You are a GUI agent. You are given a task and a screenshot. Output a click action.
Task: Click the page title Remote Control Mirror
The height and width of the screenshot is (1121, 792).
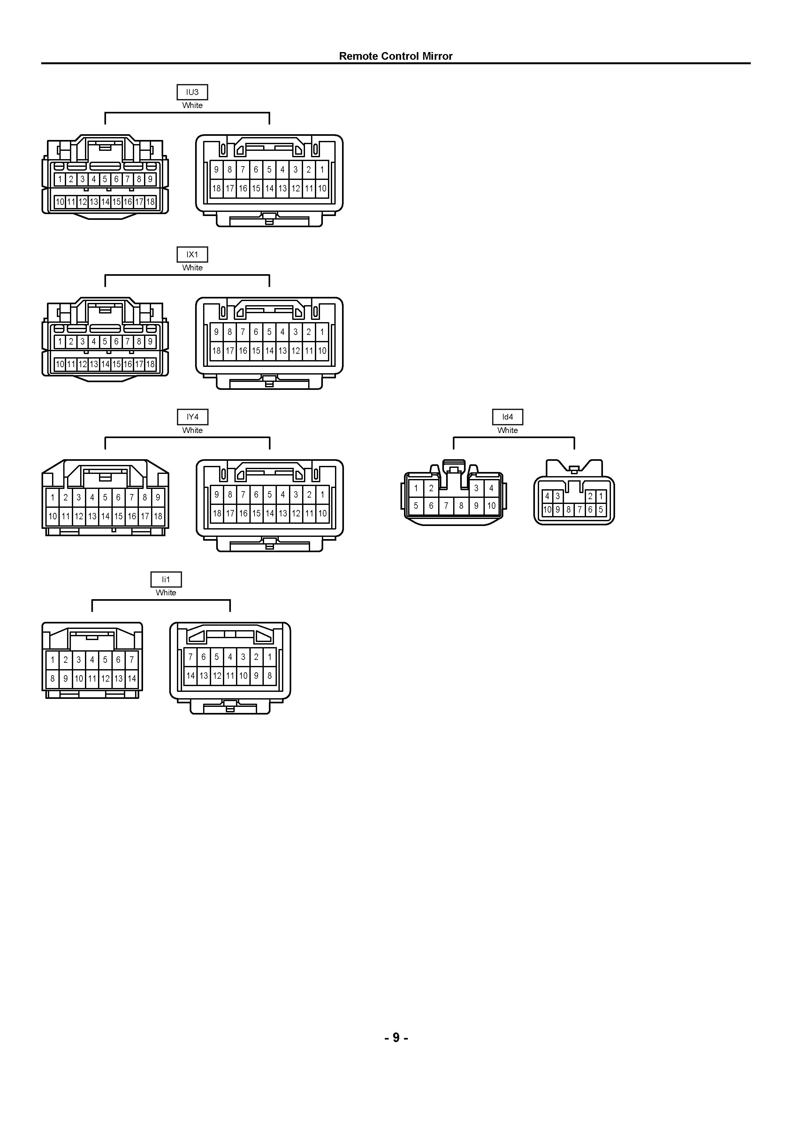click(396, 56)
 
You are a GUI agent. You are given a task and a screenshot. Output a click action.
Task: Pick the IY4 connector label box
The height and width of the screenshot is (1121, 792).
click(192, 417)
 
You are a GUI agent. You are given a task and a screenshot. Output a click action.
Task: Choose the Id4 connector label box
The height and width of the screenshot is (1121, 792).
click(507, 417)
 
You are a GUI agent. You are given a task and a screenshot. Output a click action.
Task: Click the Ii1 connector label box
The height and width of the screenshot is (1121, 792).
click(166, 580)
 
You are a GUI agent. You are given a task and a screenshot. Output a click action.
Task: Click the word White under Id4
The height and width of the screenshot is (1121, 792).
click(507, 430)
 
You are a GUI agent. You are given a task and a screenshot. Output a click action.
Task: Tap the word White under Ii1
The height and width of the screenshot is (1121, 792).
click(166, 593)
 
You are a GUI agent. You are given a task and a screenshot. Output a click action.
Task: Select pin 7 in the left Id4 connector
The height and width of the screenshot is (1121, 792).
click(446, 506)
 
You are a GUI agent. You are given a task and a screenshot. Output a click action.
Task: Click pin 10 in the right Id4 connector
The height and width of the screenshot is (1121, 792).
click(547, 510)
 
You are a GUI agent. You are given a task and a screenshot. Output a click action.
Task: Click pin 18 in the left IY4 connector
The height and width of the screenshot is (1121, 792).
click(158, 516)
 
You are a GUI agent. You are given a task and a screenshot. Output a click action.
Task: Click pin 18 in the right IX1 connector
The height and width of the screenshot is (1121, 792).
click(217, 351)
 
